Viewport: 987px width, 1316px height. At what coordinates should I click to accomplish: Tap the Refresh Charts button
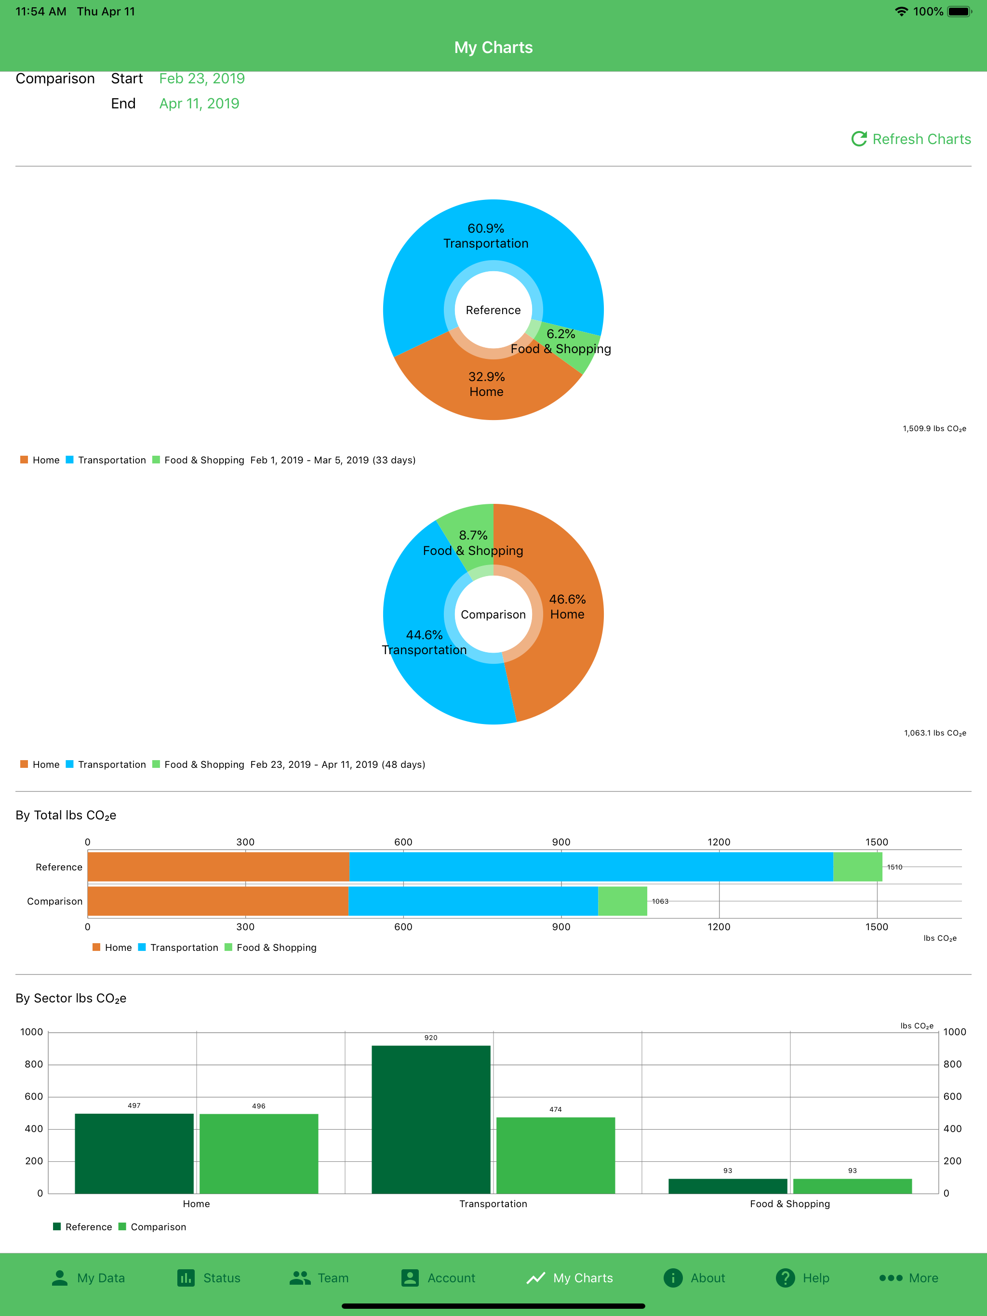coord(911,139)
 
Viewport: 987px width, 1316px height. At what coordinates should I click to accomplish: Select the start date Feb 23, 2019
coord(202,79)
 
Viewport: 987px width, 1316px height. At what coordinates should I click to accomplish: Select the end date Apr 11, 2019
coord(200,104)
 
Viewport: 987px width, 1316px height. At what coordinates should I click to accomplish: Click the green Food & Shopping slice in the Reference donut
coord(572,348)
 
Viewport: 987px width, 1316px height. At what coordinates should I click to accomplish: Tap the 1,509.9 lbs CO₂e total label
coord(934,428)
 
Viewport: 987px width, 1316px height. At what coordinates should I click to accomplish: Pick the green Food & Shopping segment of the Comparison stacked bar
coord(622,901)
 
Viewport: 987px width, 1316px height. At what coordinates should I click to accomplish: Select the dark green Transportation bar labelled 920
coord(431,1119)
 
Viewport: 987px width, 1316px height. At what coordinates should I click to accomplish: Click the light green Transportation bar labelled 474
coord(555,1156)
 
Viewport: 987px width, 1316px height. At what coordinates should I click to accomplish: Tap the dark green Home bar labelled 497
coord(134,1154)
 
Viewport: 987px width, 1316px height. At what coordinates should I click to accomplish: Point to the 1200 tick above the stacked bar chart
coord(719,842)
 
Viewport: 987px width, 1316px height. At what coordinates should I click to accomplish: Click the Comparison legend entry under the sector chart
coord(152,1227)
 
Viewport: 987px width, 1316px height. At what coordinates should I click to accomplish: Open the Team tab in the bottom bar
coord(319,1278)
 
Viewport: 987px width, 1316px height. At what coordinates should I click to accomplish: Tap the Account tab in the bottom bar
coord(438,1278)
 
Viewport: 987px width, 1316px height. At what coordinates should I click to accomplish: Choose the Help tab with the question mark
coord(802,1278)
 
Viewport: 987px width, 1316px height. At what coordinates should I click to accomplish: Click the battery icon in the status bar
coord(959,11)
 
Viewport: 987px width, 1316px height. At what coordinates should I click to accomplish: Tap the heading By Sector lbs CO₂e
coord(71,998)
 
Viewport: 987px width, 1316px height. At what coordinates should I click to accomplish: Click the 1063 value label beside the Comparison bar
coord(660,901)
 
